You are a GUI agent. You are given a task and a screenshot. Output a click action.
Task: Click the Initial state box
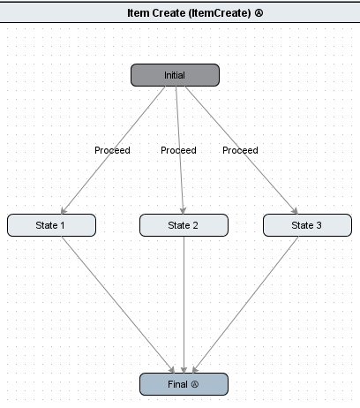[175, 75]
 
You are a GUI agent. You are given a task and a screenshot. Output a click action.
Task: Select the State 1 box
[51, 225]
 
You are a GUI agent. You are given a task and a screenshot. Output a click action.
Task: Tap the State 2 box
[184, 225]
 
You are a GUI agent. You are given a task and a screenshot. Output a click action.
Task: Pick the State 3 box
[307, 225]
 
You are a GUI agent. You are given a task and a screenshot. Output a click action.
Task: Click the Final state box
[184, 384]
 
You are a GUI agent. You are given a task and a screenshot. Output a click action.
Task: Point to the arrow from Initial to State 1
[113, 150]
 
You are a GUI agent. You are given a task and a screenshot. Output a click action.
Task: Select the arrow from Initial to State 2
[180, 150]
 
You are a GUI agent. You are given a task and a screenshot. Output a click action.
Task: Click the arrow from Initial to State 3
[242, 150]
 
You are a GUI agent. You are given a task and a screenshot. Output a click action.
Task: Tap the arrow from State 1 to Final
[118, 305]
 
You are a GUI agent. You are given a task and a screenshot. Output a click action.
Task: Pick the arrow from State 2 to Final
[184, 305]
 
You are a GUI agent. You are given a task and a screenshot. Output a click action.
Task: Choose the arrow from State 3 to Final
[245, 305]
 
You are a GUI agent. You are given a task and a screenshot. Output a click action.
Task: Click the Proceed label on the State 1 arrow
[112, 150]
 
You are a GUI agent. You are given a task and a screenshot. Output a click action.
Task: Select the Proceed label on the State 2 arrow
[178, 150]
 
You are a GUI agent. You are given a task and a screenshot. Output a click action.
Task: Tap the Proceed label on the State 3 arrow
[240, 150]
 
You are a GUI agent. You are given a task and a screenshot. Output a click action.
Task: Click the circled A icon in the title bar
[259, 13]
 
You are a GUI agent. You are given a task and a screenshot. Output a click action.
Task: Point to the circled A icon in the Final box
[195, 384]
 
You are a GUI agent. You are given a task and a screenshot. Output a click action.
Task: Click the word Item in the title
[138, 13]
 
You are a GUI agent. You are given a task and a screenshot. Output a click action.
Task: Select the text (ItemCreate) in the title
[220, 13]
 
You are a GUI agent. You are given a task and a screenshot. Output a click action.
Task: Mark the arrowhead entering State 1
[64, 211]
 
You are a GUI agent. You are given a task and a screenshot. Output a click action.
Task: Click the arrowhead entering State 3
[295, 211]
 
